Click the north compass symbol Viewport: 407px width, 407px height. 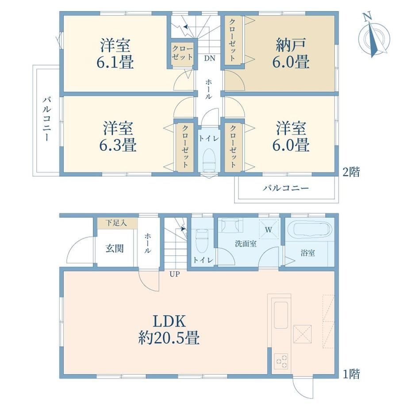pyautogui.click(x=374, y=36)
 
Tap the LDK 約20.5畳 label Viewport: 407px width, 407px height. pyautogui.click(x=169, y=330)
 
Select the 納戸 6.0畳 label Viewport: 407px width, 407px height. pyautogui.click(x=291, y=54)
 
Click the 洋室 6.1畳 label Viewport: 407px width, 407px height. pyautogui.click(x=115, y=54)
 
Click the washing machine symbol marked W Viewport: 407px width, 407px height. pyautogui.click(x=269, y=228)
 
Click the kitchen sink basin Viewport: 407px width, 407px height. pyautogui.click(x=281, y=315)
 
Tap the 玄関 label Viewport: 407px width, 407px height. pyautogui.click(x=115, y=249)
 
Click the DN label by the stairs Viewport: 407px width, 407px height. pyautogui.click(x=209, y=58)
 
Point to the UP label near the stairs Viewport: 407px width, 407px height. pyautogui.click(x=175, y=274)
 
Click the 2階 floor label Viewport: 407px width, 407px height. pyautogui.click(x=351, y=172)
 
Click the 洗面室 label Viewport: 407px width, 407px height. pyautogui.click(x=246, y=244)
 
